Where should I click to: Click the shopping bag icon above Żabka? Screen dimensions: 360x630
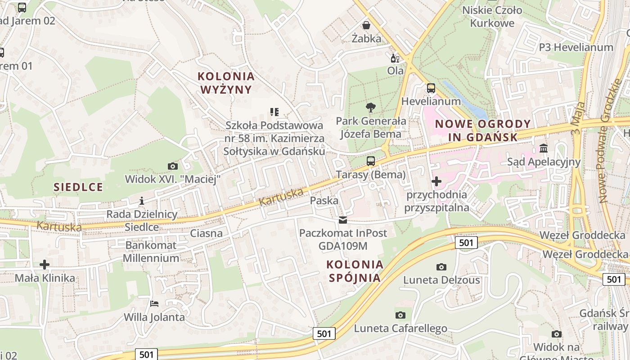pos(366,25)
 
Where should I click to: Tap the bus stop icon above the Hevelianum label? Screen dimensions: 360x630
pos(431,88)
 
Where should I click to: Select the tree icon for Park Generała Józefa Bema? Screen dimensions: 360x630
pos(371,108)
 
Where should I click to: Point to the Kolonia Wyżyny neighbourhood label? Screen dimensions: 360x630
pos(226,83)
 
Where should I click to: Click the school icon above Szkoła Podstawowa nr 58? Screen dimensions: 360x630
pos(274,112)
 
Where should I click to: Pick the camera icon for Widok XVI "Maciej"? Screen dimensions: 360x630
pos(172,166)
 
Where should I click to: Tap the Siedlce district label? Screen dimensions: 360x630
pos(78,187)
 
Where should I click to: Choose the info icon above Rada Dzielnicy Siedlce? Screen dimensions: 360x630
pos(142,201)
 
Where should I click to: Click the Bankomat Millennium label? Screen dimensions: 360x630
pos(151,252)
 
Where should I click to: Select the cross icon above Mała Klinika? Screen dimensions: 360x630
pos(45,265)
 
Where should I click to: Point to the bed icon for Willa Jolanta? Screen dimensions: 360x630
pos(154,303)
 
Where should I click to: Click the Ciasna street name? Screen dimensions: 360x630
pos(206,233)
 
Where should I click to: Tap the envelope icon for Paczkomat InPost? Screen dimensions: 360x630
pos(343,220)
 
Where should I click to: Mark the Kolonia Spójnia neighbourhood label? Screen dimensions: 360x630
pos(355,271)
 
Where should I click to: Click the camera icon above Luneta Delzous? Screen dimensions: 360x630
pos(441,267)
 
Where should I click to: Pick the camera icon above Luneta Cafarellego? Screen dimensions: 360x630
pos(400,315)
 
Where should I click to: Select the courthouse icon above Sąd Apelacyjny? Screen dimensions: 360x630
pos(544,148)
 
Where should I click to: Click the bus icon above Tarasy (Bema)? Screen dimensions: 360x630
pos(371,161)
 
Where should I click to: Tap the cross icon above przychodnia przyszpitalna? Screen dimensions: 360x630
pos(436,181)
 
